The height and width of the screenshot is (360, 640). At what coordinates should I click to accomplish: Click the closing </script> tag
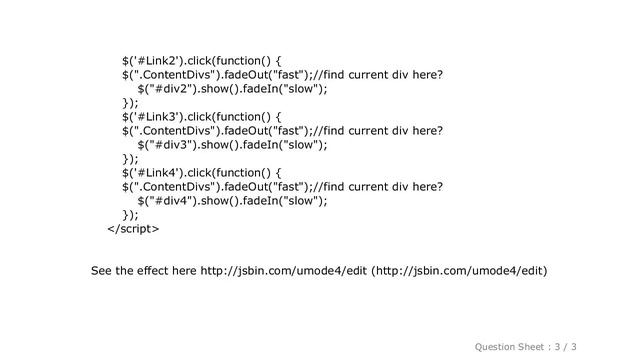(131, 228)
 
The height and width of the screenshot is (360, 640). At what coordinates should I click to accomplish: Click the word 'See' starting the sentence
(102, 271)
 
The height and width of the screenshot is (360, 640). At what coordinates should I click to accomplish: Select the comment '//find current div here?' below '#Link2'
(378, 74)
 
